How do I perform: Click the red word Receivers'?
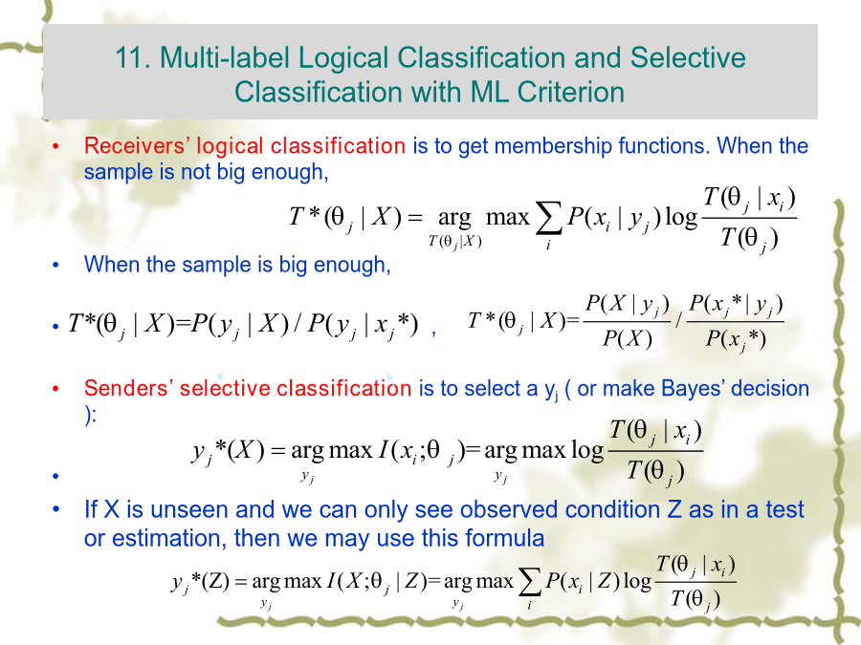click(137, 146)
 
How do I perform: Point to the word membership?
click(548, 146)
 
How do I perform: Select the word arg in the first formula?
click(454, 219)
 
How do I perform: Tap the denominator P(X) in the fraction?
click(627, 338)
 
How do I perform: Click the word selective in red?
click(225, 388)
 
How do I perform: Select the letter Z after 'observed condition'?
click(674, 509)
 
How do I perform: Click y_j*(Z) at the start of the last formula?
click(201, 582)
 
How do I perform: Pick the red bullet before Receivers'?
click(55, 146)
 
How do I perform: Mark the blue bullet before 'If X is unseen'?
click(55, 509)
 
